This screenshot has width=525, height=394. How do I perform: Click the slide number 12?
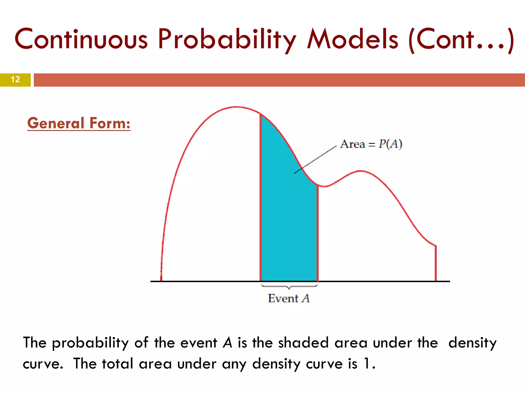[x=15, y=80]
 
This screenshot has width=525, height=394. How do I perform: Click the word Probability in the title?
[x=227, y=39]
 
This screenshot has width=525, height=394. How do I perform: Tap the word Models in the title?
[x=352, y=39]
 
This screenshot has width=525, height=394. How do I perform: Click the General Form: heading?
[x=79, y=123]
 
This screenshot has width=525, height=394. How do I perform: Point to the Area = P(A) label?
[x=371, y=144]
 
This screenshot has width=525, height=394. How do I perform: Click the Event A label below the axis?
[x=289, y=298]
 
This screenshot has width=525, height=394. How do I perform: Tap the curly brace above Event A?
[x=289, y=287]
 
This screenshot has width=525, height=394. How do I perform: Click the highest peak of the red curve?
[x=236, y=107]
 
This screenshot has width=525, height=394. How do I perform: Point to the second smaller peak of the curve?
[x=360, y=171]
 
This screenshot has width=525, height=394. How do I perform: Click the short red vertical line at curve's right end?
[x=436, y=263]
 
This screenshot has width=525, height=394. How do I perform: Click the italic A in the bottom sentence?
[x=227, y=343]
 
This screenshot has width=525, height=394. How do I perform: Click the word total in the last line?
[x=117, y=364]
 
